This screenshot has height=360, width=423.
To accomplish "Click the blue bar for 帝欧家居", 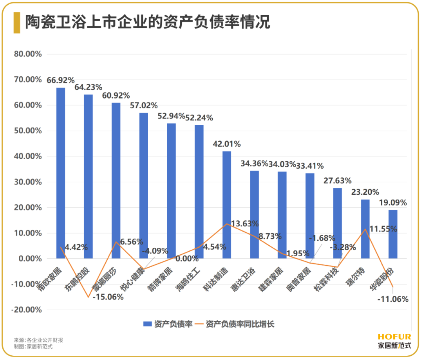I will coord(61,172).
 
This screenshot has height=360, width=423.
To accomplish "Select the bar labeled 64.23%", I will coord(89,176).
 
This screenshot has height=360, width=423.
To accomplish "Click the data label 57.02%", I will coord(144,105).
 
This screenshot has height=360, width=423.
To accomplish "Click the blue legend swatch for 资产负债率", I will coord(147,324).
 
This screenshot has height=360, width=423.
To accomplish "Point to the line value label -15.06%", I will coord(108,297).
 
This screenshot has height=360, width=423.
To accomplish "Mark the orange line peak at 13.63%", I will coord(227,224).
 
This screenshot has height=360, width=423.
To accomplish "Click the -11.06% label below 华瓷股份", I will coord(392,299).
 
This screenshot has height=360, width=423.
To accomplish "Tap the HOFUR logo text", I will coord(394,337).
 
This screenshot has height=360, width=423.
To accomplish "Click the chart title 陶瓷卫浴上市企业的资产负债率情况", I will coord(148,22).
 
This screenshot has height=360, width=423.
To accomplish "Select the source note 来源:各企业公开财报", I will coord(38,340).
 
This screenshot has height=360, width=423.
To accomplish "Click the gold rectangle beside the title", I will coord(17,22).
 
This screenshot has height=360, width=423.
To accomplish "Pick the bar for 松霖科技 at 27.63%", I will coord(338,223).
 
